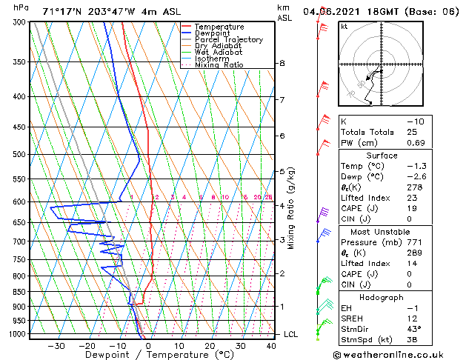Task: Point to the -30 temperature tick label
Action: (x=56, y=345)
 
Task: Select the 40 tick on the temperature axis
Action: (x=271, y=345)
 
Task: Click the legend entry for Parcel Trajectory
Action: (x=228, y=39)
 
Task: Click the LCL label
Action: (x=290, y=334)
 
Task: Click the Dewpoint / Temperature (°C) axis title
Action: (x=149, y=356)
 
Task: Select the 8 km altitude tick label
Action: (x=282, y=64)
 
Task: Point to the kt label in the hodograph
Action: (x=344, y=27)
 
